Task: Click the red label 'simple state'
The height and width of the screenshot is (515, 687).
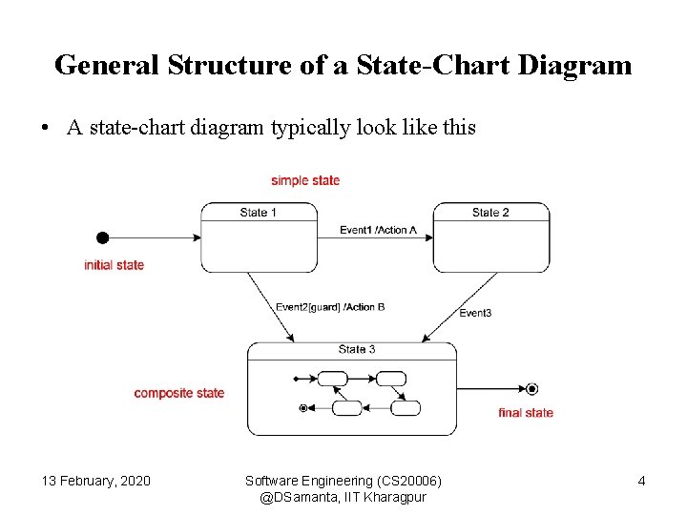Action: (x=304, y=180)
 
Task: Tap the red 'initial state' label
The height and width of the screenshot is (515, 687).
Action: (x=114, y=265)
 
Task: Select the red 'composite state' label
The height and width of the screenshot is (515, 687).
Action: (x=179, y=393)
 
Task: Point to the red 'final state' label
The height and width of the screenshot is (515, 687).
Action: (x=526, y=413)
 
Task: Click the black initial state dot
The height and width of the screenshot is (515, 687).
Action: (x=103, y=237)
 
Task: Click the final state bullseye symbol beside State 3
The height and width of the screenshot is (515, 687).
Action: (x=531, y=388)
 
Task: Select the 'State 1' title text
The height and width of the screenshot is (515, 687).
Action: (x=259, y=213)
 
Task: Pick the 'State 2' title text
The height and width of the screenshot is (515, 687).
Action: (x=490, y=213)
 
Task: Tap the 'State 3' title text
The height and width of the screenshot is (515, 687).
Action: (x=357, y=349)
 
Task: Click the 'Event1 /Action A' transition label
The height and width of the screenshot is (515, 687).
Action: (x=379, y=230)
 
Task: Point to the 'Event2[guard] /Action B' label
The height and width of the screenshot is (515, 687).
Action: (x=330, y=307)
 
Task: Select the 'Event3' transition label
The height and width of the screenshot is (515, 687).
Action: (x=475, y=313)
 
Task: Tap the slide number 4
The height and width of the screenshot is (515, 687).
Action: (x=641, y=481)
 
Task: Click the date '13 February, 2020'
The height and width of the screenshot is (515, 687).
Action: (x=95, y=481)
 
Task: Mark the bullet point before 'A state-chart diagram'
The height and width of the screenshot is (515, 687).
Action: (x=47, y=128)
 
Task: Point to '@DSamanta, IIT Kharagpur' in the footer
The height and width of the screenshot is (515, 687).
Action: (x=343, y=497)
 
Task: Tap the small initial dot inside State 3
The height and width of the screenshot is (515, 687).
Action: (x=298, y=379)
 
